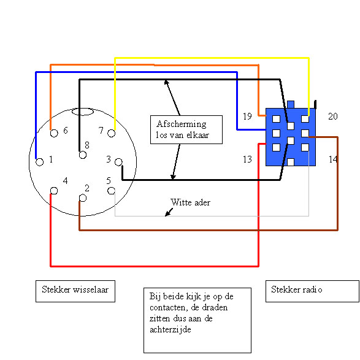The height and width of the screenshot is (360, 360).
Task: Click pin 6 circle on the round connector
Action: coord(54,133)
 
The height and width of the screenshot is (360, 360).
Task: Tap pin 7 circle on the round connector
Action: coord(112,133)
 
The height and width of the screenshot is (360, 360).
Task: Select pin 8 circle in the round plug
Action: coord(83,155)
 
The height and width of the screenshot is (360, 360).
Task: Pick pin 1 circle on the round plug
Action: coord(39,162)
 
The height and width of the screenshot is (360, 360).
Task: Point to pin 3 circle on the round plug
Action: coord(118,162)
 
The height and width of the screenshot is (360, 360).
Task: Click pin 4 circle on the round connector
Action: coord(54,191)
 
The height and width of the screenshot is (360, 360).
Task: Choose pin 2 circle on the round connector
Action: coord(83,198)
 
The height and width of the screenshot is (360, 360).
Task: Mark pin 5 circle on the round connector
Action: coord(112,191)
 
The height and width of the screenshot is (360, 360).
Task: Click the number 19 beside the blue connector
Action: coord(248,117)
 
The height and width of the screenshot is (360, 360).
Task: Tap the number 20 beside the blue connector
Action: coord(333,117)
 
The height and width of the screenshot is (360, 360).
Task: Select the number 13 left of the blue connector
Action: coord(248,159)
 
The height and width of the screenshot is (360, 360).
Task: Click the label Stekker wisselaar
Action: coord(75,289)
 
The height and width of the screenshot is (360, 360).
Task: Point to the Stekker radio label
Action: coord(297,289)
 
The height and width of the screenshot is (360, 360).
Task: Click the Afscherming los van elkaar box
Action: coord(186,130)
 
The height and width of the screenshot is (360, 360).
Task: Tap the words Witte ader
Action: coord(190,202)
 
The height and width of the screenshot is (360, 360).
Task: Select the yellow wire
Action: coord(212,58)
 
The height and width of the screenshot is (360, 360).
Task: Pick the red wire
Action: coord(155,266)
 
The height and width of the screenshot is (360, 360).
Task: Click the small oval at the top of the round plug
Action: coord(83,112)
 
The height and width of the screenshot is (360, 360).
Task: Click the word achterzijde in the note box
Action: coord(170,330)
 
